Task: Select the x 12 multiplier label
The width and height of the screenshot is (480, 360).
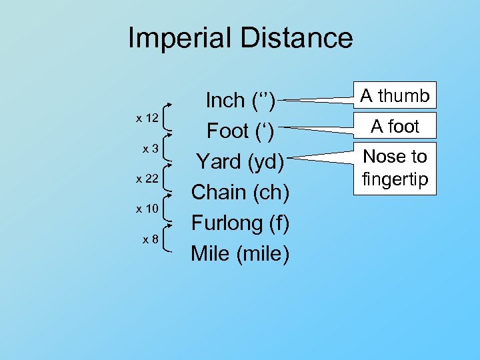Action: pyautogui.click(x=147, y=119)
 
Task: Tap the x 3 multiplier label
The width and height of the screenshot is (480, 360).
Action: pyautogui.click(x=150, y=149)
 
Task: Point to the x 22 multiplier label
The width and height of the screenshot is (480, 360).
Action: pyautogui.click(x=147, y=179)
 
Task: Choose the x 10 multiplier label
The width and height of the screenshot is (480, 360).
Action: pyautogui.click(x=147, y=209)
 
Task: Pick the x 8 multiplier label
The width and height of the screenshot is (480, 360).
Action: pyautogui.click(x=150, y=239)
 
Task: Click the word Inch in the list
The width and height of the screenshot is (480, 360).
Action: pyautogui.click(x=225, y=101)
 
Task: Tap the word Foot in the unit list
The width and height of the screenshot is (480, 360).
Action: pyautogui.click(x=228, y=131)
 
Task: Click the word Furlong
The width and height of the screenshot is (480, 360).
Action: pyautogui.click(x=226, y=223)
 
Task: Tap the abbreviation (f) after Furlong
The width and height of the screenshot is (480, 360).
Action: pyautogui.click(x=279, y=223)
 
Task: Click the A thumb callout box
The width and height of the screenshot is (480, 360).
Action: pyautogui.click(x=395, y=97)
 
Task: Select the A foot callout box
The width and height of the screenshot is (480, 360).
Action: pyautogui.click(x=395, y=126)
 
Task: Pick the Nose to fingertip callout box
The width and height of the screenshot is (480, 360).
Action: pyautogui.click(x=395, y=168)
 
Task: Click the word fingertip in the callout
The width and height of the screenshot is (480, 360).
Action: pyautogui.click(x=395, y=179)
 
